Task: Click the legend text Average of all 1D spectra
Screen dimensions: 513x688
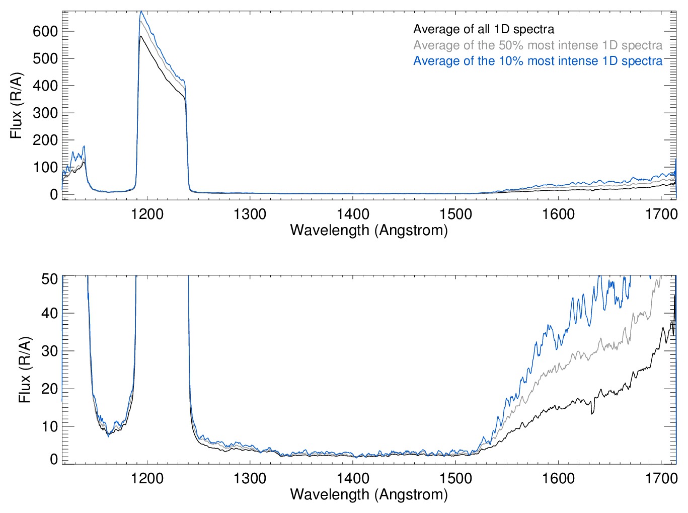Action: pyautogui.click(x=484, y=29)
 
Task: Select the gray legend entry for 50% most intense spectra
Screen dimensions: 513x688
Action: pyautogui.click(x=538, y=45)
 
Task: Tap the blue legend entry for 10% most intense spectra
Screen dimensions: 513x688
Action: pyautogui.click(x=538, y=61)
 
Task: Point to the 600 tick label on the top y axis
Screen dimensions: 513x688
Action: pyautogui.click(x=45, y=31)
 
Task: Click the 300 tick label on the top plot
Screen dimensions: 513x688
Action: pyautogui.click(x=45, y=113)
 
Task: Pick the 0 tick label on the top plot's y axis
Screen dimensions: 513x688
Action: pyautogui.click(x=54, y=194)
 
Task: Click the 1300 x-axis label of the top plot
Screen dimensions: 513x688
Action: pyautogui.click(x=250, y=214)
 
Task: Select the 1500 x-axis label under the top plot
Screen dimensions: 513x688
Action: pyautogui.click(x=455, y=214)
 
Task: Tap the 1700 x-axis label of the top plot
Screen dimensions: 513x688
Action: pyautogui.click(x=661, y=214)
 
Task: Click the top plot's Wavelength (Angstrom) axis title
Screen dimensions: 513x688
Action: pyautogui.click(x=369, y=230)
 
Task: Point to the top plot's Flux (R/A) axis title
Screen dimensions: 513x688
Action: pyautogui.click(x=17, y=106)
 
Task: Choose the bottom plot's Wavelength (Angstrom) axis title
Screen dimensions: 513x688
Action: pyautogui.click(x=369, y=494)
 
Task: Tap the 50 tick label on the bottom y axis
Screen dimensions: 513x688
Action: pyautogui.click(x=49, y=278)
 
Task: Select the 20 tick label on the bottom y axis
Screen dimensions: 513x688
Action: pyautogui.click(x=49, y=389)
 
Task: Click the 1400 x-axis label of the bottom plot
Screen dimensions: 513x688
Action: pyautogui.click(x=353, y=478)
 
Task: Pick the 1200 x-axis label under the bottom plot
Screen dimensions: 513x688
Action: pyautogui.click(x=147, y=478)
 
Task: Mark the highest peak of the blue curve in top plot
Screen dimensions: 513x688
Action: pyautogui.click(x=141, y=11)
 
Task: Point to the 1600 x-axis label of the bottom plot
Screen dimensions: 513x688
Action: pyautogui.click(x=558, y=478)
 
